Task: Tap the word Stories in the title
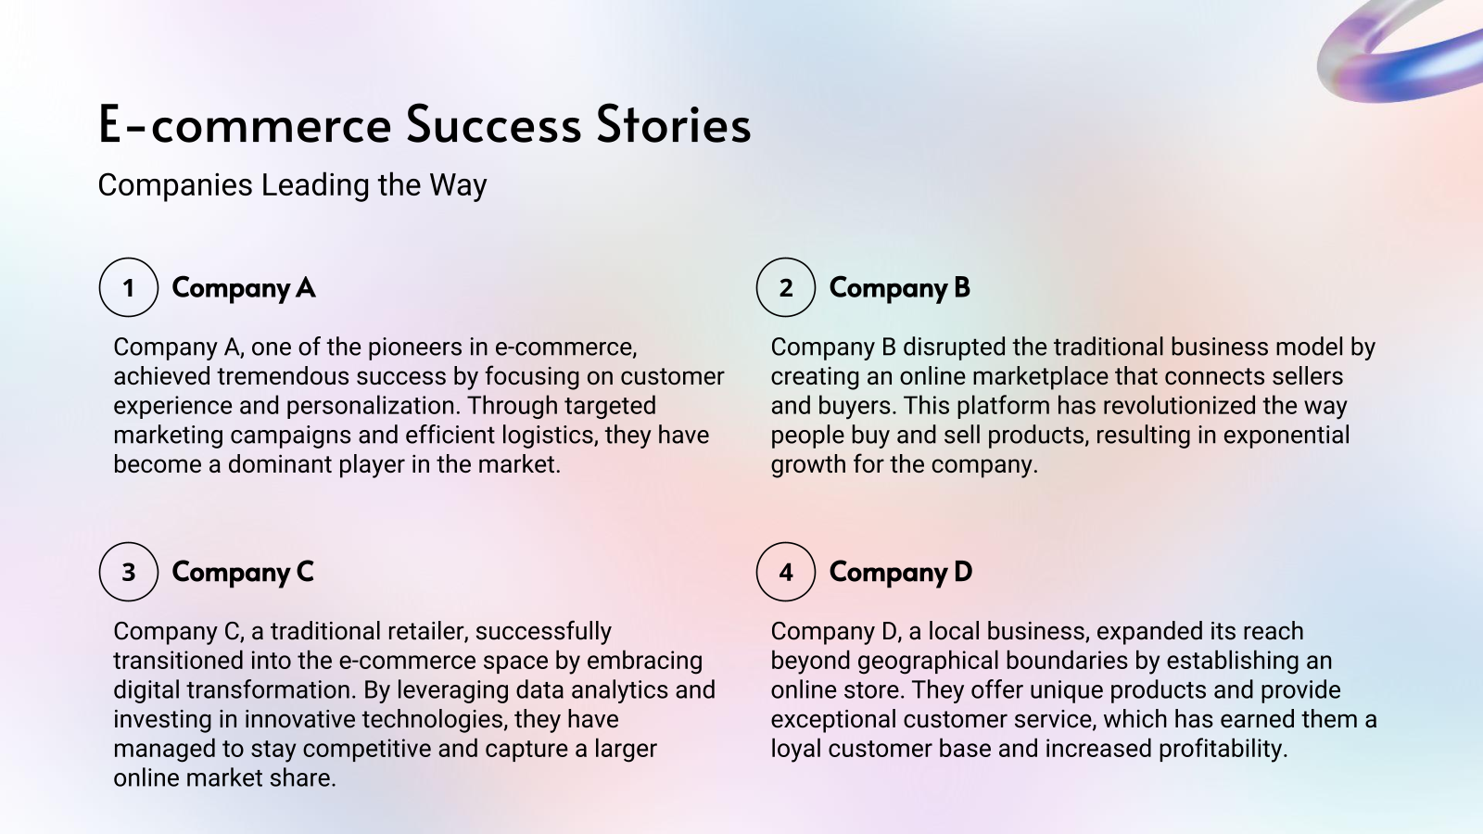coord(673,125)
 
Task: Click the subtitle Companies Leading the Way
coord(292,185)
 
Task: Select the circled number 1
coord(129,287)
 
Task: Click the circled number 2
coord(786,287)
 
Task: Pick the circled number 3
coord(129,572)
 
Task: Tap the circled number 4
coord(786,572)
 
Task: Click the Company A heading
coord(243,288)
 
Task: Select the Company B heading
coord(899,288)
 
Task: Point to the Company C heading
coord(243,573)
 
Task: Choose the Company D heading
coord(900,573)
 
